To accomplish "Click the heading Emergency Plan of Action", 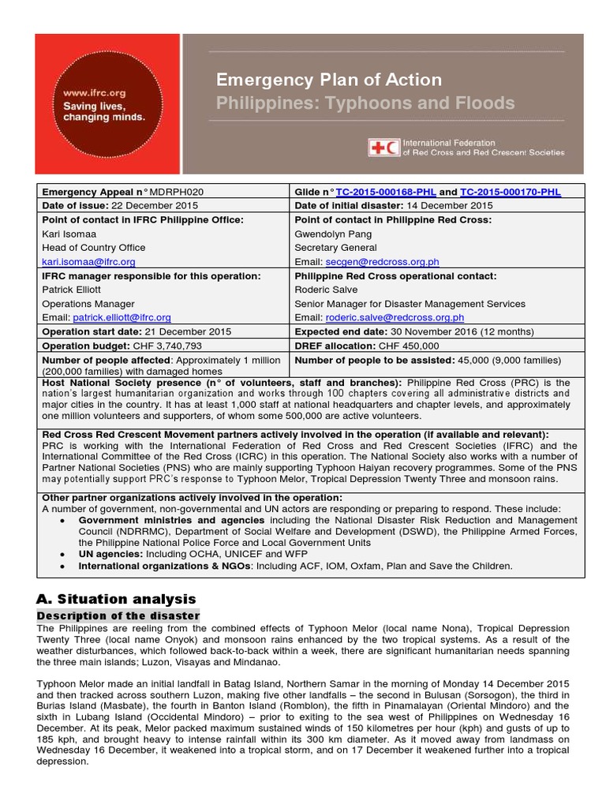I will click(x=329, y=80).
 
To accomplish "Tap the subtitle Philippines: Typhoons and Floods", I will click(x=365, y=103).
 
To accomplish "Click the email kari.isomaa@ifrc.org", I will click(x=88, y=261).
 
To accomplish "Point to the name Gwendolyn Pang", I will click(x=332, y=234).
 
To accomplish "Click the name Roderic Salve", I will click(x=324, y=290).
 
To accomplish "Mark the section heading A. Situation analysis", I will click(x=117, y=599).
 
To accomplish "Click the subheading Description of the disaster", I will click(x=118, y=615).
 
